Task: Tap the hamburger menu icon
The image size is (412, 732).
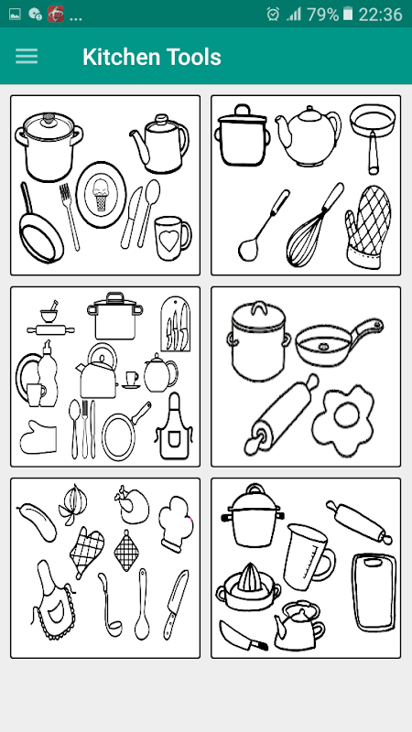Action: [x=27, y=57]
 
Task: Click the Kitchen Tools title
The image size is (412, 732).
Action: [x=152, y=57]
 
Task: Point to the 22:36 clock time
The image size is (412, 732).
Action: [x=380, y=15]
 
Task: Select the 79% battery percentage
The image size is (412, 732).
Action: [x=322, y=15]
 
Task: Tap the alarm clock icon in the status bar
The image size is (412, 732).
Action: [x=273, y=15]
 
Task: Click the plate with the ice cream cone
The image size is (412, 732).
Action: [x=101, y=195]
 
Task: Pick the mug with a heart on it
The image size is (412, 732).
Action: [x=172, y=238]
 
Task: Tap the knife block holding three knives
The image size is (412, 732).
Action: [x=175, y=324]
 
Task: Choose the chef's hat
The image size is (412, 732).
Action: [x=176, y=523]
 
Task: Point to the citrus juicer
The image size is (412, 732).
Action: [x=248, y=587]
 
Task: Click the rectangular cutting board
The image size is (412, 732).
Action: [x=374, y=592]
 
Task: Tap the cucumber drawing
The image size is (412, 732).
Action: [x=37, y=522]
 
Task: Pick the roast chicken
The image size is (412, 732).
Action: [x=132, y=505]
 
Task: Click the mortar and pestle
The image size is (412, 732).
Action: [x=49, y=312]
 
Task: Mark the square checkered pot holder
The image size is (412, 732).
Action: [x=126, y=551]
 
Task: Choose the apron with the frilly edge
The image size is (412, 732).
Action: [x=54, y=602]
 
